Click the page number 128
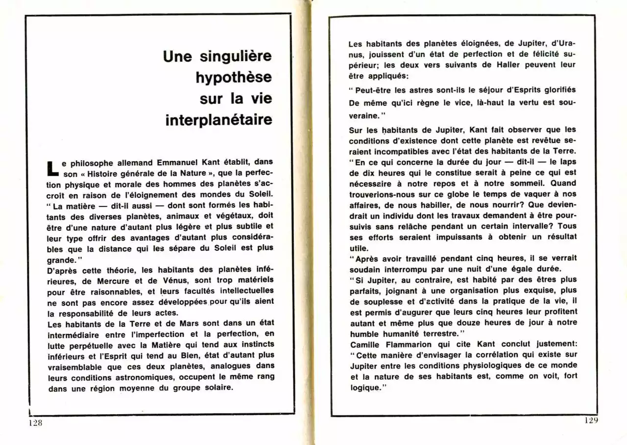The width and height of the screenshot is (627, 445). [36, 423]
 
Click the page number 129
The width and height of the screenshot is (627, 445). [591, 420]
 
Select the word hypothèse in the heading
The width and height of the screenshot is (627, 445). [234, 78]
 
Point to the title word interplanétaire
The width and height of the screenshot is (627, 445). [218, 120]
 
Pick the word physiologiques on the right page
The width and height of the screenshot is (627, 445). [483, 366]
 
